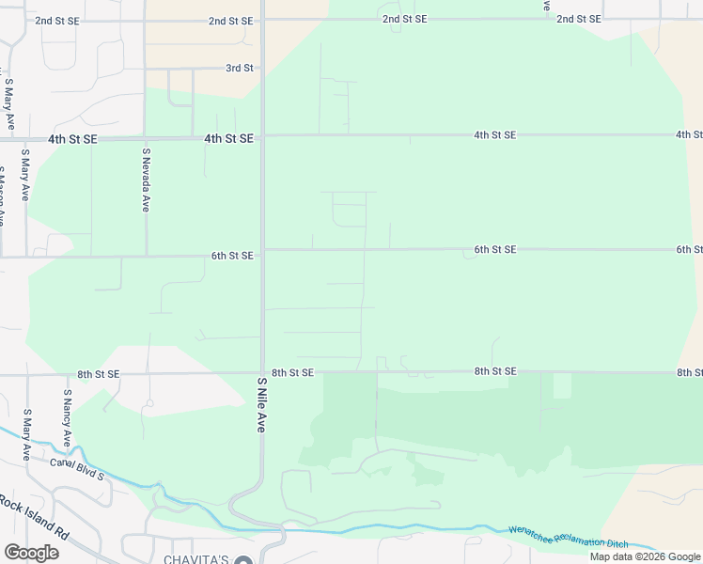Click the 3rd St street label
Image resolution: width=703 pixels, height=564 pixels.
click(x=240, y=69)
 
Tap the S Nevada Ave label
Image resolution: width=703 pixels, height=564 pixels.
click(x=146, y=179)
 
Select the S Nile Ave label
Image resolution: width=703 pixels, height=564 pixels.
click(x=261, y=405)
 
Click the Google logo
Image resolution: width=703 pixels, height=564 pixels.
click(x=31, y=552)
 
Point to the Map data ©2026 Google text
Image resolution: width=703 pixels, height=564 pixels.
click(x=645, y=556)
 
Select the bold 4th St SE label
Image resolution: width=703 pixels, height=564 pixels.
click(x=229, y=138)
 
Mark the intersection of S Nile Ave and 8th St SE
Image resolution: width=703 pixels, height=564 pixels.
click(x=262, y=373)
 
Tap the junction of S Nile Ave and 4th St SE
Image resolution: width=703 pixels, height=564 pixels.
click(x=262, y=137)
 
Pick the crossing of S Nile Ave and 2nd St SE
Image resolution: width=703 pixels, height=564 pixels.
click(x=262, y=21)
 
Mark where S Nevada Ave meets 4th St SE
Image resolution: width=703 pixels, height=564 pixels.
click(x=145, y=138)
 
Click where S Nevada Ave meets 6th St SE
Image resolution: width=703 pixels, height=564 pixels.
click(x=146, y=256)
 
